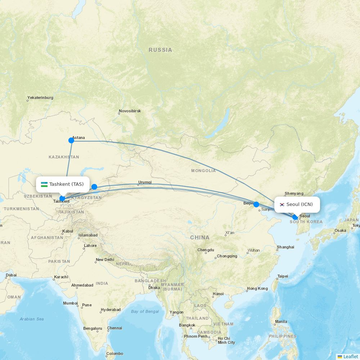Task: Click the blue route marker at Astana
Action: coord(71,140)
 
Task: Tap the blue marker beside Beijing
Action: coord(256,204)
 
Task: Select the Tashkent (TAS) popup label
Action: coord(63,184)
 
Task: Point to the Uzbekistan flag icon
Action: coord(44,184)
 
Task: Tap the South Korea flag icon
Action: coord(282,204)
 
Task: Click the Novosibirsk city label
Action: coord(130,111)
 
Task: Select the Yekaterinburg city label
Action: coord(40,98)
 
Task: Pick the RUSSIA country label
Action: coord(160,50)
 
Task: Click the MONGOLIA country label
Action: coord(203,171)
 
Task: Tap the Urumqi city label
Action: coord(145,183)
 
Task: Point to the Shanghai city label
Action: coord(285,247)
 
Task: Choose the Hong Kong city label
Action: coord(257,289)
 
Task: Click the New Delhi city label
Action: coord(105,260)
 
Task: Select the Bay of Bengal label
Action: coord(145,311)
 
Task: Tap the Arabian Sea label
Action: coord(32,319)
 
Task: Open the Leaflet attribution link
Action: coord(350,356)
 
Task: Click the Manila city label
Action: coord(281,321)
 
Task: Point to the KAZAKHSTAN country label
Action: coord(64,157)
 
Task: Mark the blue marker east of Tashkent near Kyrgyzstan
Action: coord(94,186)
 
